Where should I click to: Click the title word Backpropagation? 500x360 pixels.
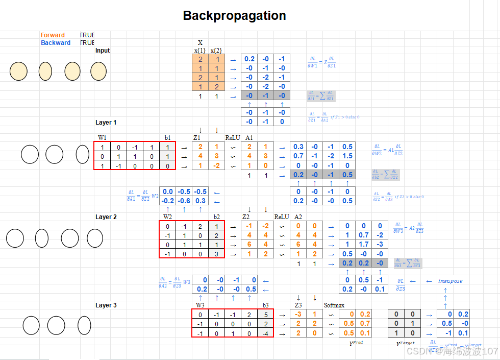(x=234, y=16)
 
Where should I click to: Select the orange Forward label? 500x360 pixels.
(x=53, y=35)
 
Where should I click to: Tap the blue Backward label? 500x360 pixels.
(x=56, y=43)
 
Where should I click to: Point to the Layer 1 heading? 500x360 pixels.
(x=106, y=123)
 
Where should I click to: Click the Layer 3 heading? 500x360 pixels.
(x=106, y=305)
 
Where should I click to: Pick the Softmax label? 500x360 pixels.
(x=335, y=305)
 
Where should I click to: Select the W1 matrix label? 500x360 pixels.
(x=103, y=138)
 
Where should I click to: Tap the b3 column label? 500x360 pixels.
(x=265, y=305)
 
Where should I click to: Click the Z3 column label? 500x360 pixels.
(x=298, y=305)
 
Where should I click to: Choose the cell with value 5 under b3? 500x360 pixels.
(x=266, y=314)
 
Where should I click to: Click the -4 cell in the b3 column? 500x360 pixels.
(x=265, y=333)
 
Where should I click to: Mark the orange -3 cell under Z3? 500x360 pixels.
(x=298, y=314)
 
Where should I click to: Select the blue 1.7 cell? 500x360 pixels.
(x=364, y=245)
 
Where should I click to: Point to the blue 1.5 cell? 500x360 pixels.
(x=347, y=156)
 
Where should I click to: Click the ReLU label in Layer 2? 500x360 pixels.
(x=282, y=217)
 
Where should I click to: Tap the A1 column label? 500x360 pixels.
(x=249, y=138)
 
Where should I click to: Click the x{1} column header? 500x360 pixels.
(x=200, y=51)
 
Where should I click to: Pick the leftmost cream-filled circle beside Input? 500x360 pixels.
(x=18, y=71)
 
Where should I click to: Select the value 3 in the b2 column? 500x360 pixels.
(x=216, y=254)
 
